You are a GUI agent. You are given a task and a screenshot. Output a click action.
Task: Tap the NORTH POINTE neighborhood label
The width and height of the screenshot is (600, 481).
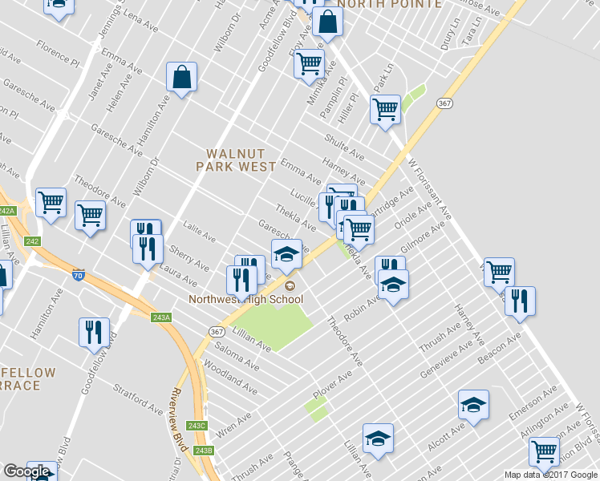point(389,4)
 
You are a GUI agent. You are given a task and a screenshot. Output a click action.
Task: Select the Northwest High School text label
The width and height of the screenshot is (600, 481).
point(246,300)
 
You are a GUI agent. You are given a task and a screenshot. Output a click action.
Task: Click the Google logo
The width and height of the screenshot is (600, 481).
point(26,471)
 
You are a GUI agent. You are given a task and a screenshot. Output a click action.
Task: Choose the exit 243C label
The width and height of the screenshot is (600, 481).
point(197,425)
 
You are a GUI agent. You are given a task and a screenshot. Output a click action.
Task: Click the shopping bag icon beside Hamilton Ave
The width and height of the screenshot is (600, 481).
point(182,79)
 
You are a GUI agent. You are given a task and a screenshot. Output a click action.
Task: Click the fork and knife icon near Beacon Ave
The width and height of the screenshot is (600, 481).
point(519,301)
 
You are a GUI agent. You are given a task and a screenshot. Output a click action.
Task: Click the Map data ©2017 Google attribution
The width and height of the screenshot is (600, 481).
point(551,475)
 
